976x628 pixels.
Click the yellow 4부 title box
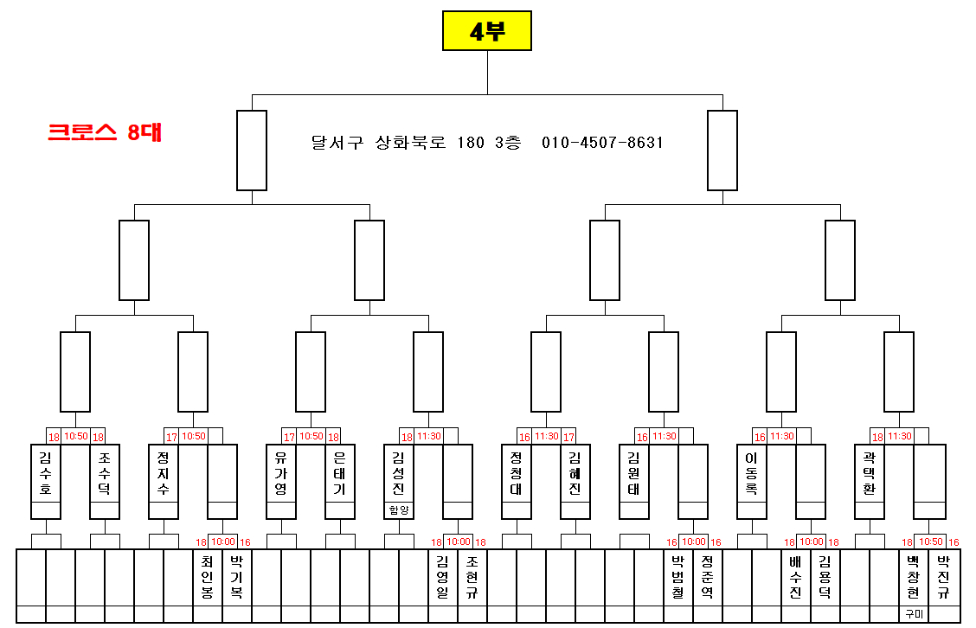tap(487, 31)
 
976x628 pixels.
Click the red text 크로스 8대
tap(105, 132)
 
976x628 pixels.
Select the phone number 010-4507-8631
tap(602, 143)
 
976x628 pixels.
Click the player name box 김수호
tap(46, 474)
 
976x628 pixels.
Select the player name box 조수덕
tap(105, 474)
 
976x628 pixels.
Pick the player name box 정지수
tap(164, 474)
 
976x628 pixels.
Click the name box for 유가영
tap(281, 474)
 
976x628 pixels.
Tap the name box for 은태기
tap(340, 474)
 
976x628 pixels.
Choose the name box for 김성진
tap(399, 471)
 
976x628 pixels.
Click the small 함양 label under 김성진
tap(399, 511)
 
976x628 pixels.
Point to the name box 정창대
tap(517, 474)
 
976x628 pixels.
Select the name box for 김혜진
tap(575, 474)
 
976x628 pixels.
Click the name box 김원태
tap(634, 474)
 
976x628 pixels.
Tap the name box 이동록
tap(752, 474)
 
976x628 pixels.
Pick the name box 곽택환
tap(870, 474)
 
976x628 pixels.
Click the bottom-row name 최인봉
tap(207, 577)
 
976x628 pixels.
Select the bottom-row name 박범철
tap(677, 577)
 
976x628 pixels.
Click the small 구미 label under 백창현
tap(914, 614)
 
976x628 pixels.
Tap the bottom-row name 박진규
tap(943, 577)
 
